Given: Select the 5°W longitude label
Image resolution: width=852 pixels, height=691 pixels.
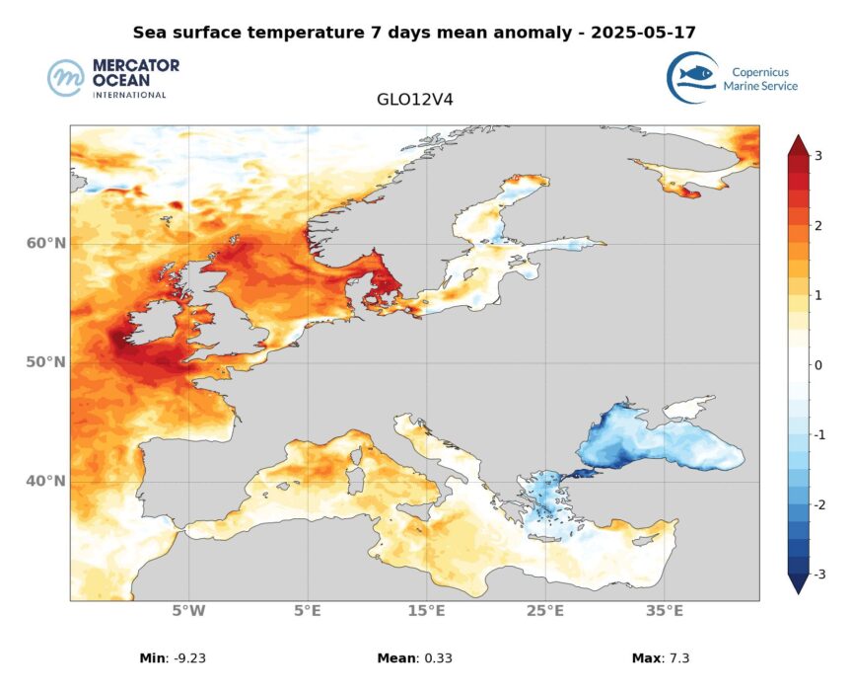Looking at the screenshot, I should [188, 611].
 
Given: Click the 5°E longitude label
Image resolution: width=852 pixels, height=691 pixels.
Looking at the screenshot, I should [308, 611].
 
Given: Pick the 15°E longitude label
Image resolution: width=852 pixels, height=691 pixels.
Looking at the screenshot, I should [426, 611].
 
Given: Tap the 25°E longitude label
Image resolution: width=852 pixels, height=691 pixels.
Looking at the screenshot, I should [545, 611].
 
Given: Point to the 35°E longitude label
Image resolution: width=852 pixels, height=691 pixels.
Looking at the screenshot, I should [665, 611].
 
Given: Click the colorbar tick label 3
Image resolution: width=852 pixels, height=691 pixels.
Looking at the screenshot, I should [817, 156].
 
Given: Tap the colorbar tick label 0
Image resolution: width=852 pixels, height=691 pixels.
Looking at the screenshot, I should [817, 365].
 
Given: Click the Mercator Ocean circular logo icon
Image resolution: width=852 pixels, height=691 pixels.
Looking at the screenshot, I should [67, 78].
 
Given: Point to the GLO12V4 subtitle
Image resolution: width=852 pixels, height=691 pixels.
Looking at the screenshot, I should [415, 100].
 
